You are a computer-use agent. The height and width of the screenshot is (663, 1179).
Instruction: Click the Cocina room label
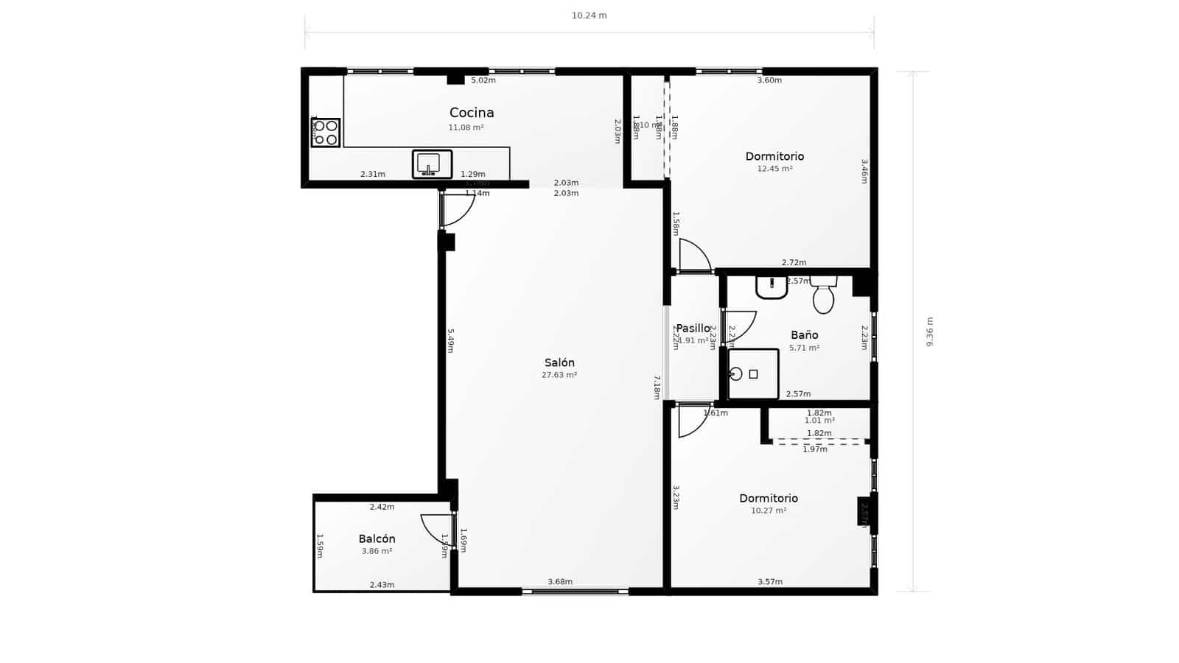click(472, 113)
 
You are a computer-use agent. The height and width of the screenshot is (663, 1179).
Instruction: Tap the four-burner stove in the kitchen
click(325, 133)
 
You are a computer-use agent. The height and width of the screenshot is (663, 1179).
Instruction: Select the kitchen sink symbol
click(432, 164)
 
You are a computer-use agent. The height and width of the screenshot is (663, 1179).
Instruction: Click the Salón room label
click(559, 362)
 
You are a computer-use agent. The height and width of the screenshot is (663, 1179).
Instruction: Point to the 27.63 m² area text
click(559, 375)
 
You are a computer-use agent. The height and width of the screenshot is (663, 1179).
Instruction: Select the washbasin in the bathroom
click(772, 287)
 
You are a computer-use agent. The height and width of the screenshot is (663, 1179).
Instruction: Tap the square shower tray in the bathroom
click(753, 374)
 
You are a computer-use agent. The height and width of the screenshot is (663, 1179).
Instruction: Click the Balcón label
click(377, 539)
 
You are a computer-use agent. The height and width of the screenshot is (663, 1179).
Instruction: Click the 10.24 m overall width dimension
click(589, 15)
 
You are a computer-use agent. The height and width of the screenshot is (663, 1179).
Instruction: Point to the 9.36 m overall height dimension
click(929, 331)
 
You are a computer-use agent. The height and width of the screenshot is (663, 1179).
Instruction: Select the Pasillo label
click(693, 329)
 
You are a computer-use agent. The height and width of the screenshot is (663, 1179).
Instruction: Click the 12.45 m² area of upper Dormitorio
click(774, 169)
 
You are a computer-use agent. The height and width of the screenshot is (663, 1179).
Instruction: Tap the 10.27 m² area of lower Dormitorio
click(769, 511)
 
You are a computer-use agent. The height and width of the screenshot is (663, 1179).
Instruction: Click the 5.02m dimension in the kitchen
click(483, 80)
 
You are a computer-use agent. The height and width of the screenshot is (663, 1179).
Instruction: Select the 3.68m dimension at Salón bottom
click(560, 582)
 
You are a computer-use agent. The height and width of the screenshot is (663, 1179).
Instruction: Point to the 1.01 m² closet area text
click(819, 421)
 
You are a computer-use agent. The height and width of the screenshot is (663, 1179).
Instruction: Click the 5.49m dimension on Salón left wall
click(450, 340)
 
